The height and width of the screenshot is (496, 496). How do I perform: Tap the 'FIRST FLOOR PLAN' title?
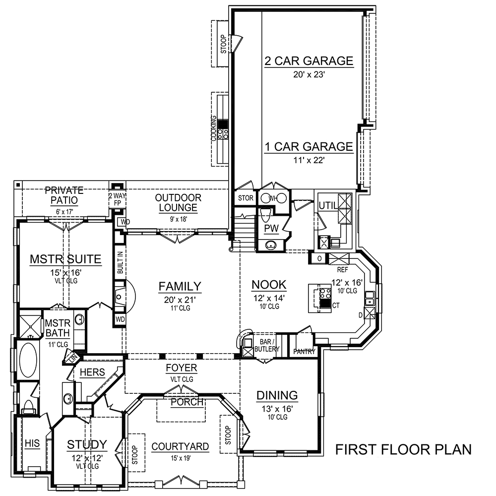tap(403, 449)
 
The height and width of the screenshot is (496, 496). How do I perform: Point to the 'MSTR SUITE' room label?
tap(65, 259)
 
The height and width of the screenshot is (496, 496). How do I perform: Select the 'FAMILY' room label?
tap(180, 286)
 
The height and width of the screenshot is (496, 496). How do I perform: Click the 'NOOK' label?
tap(269, 285)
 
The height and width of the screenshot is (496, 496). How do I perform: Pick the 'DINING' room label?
tap(277, 395)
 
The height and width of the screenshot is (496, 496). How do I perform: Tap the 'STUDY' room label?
tap(87, 444)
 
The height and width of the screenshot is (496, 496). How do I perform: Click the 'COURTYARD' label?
tap(180, 446)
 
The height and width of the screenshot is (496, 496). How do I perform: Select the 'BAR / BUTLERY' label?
tap(267, 346)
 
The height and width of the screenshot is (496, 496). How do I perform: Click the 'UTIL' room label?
tap(327, 205)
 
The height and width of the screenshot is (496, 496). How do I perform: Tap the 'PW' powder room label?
tap(271, 227)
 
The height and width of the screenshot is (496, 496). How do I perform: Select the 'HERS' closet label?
tap(92, 372)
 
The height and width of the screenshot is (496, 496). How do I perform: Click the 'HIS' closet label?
tap(31, 442)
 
